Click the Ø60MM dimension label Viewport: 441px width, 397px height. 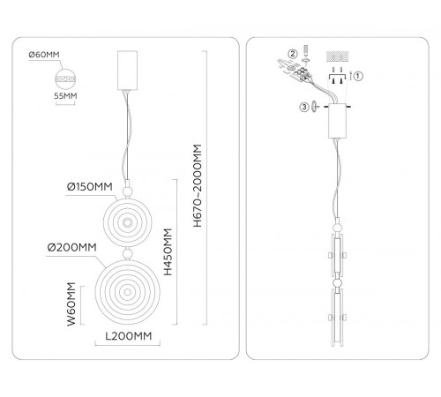tap(44, 55)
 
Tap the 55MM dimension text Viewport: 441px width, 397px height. tap(65, 96)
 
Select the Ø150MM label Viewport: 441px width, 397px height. tap(90, 187)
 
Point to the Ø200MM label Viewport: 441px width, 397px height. tap(72, 247)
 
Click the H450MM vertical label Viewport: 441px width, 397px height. tap(168, 252)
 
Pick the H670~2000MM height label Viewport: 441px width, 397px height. tap(198, 186)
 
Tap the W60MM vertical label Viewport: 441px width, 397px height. tap(71, 304)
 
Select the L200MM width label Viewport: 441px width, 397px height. tap(129, 336)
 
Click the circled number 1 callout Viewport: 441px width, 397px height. tap(357, 76)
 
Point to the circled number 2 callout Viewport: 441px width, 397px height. tap(293, 54)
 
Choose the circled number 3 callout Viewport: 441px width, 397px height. tap(304, 107)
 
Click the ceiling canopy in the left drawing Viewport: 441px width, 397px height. tap(127, 71)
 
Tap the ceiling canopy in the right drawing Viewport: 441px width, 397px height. tap(338, 121)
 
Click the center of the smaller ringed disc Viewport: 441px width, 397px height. tap(127, 222)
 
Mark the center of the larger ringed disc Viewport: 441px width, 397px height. tap(127, 292)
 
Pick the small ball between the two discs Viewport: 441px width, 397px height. tap(127, 253)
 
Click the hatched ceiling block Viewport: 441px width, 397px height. tap(338, 56)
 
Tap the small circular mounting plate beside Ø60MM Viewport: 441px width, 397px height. tap(65, 79)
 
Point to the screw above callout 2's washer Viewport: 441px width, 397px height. tap(306, 50)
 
